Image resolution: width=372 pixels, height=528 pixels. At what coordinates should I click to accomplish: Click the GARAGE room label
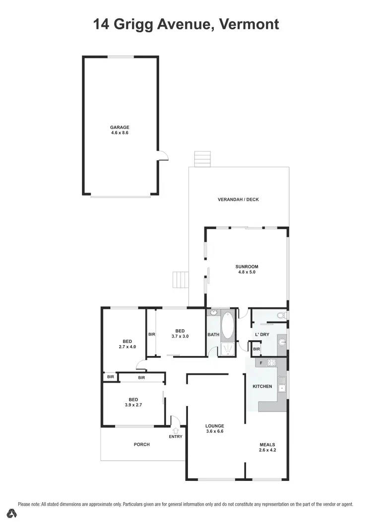pos(120,127)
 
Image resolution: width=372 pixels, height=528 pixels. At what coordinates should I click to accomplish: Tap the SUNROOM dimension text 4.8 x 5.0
pos(247,272)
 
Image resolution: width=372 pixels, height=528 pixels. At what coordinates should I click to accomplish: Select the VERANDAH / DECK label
pos(238,200)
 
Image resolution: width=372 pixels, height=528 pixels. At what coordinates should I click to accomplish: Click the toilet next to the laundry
pos(281,315)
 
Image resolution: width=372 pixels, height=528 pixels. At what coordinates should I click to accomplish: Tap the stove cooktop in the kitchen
pos(271,363)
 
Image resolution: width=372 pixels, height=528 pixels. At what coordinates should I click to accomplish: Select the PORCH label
pos(142,445)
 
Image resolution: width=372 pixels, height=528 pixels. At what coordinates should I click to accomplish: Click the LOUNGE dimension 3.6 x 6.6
pos(215,431)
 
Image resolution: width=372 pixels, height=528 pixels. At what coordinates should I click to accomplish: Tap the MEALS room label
pos(267,445)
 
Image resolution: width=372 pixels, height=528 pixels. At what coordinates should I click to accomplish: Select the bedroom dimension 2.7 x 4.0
pos(127,347)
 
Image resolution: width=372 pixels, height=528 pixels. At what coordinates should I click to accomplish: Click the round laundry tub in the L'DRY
pos(281,342)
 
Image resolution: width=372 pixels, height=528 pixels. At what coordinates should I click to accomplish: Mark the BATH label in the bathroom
pos(213,335)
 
